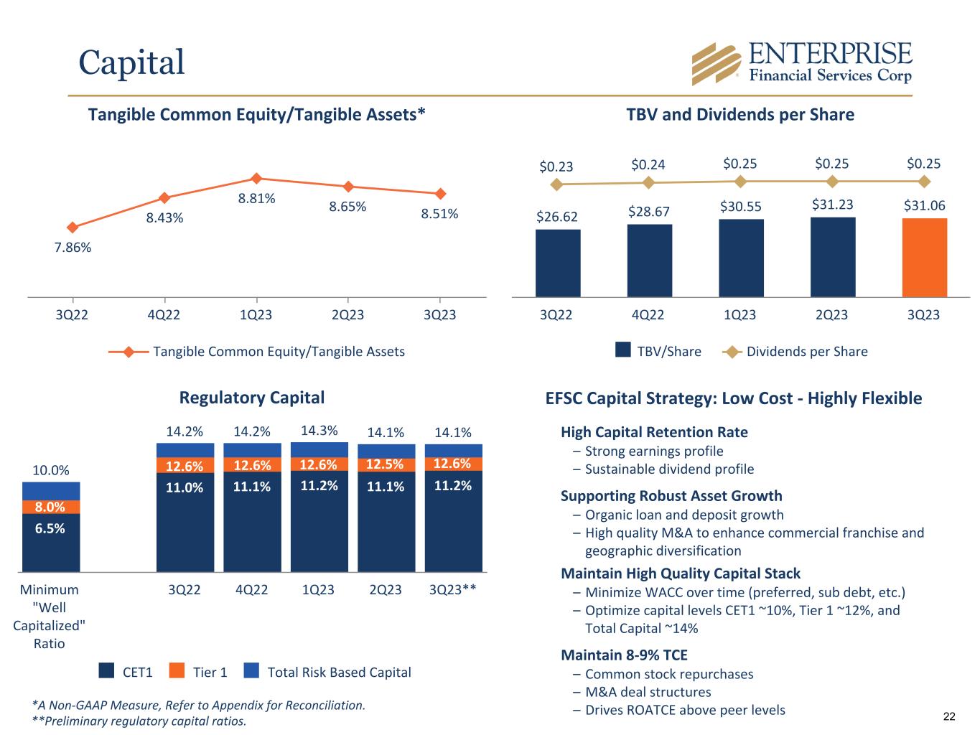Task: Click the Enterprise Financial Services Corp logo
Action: click(801, 63)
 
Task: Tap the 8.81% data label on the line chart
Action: click(257, 199)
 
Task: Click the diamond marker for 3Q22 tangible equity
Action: click(72, 228)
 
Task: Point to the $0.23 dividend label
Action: click(556, 167)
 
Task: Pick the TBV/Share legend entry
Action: click(658, 351)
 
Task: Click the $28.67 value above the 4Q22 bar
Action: click(648, 211)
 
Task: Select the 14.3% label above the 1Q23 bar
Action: click(319, 431)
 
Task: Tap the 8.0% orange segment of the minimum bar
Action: click(50, 507)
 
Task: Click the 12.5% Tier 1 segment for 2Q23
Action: click(386, 464)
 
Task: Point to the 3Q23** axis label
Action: click(452, 590)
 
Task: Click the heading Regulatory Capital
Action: click(251, 398)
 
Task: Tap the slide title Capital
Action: click(131, 62)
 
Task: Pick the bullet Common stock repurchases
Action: click(668, 674)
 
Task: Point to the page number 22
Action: click(949, 716)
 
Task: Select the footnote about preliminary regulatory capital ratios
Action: click(139, 721)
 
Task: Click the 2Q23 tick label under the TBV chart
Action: click(831, 315)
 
